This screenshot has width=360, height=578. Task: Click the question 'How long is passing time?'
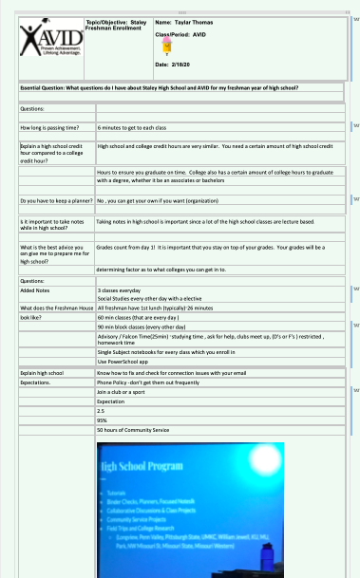click(49, 126)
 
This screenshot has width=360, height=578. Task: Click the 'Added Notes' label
click(35, 290)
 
